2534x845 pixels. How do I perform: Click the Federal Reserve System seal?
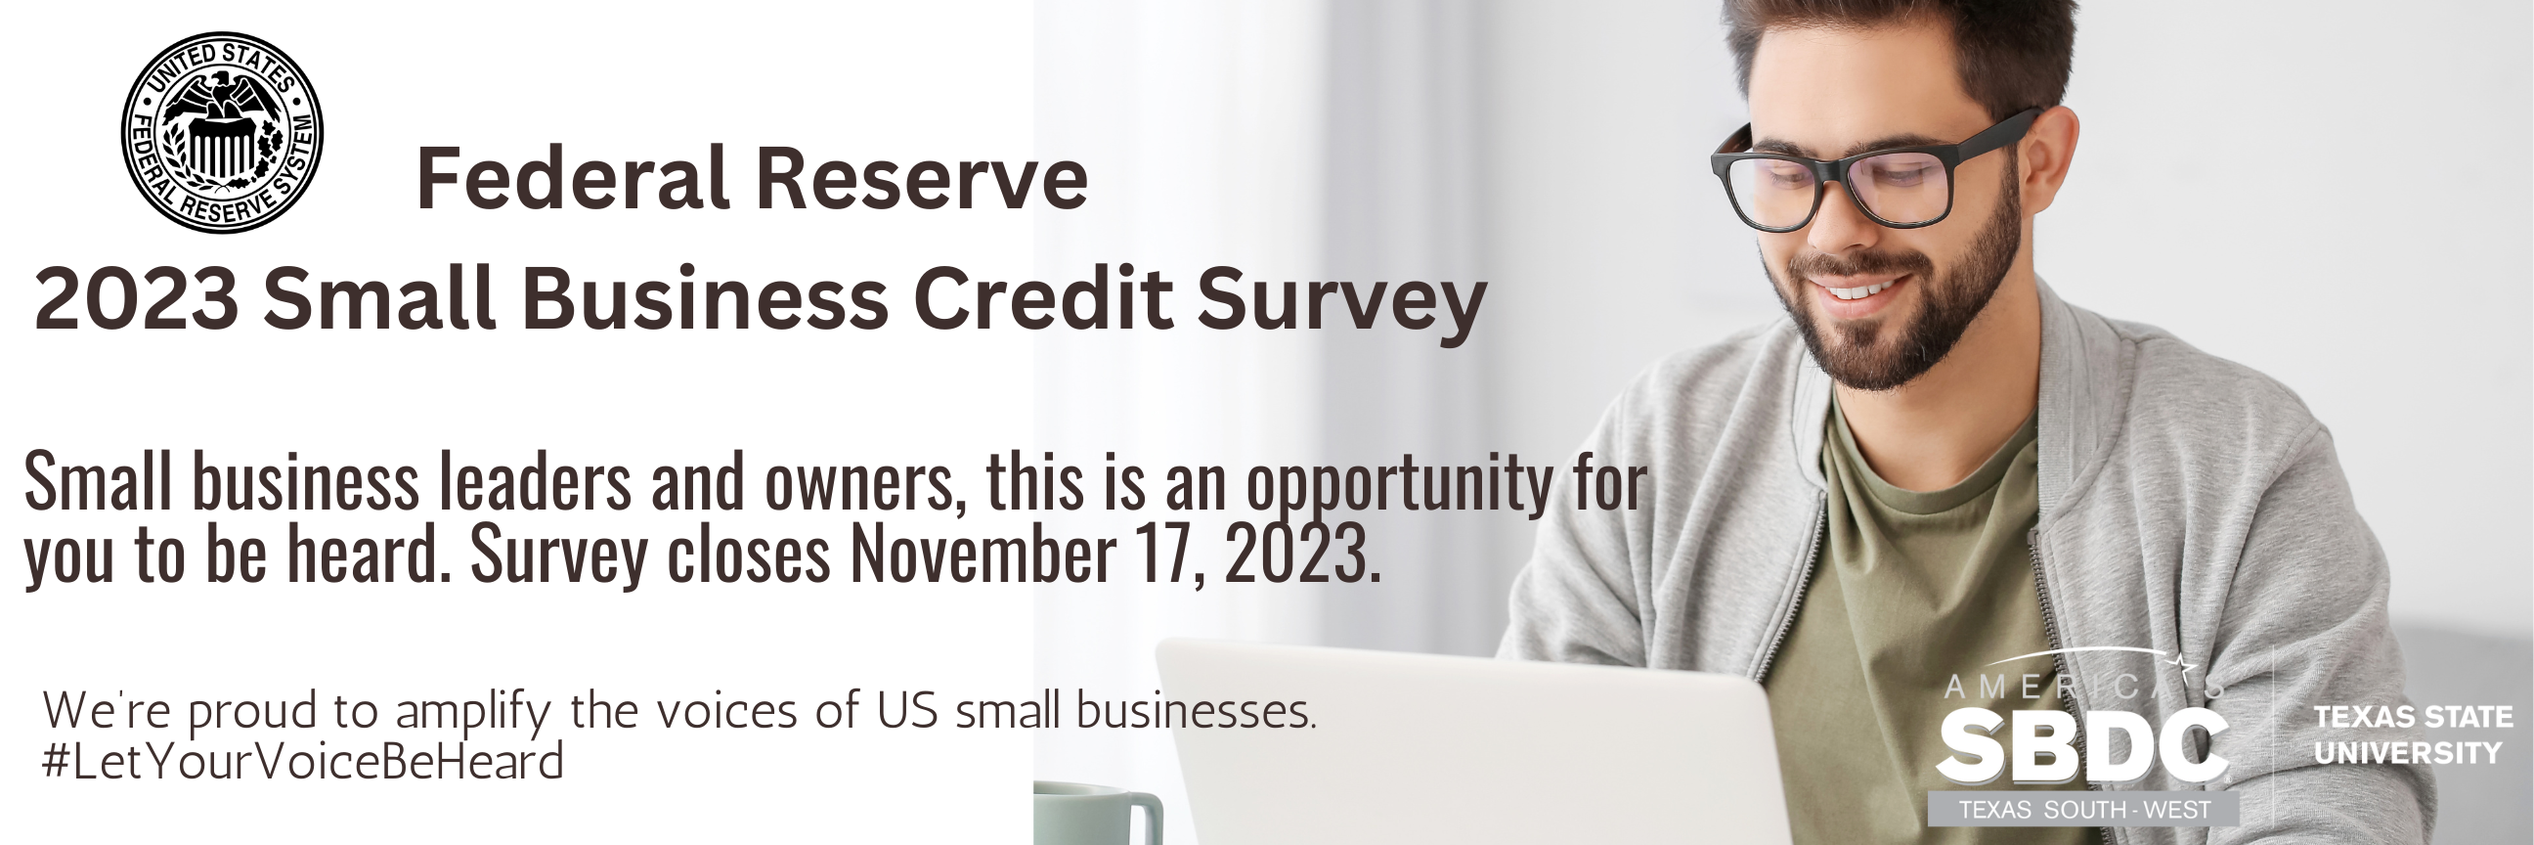(x=222, y=132)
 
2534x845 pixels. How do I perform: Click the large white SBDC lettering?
(x=2082, y=748)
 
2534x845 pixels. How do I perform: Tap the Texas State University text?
(x=2413, y=734)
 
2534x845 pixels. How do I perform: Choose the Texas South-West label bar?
(x=2083, y=809)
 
